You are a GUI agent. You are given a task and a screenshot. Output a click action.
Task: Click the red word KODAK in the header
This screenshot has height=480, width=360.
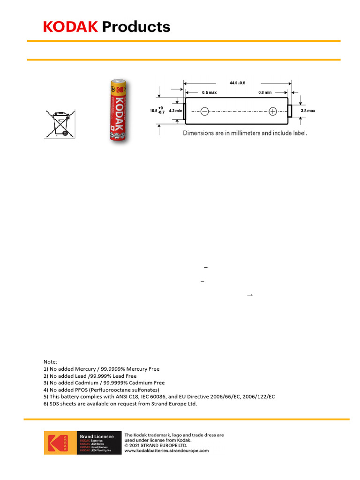click(x=70, y=27)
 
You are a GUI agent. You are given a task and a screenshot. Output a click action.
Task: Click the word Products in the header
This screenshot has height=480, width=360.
click(x=136, y=27)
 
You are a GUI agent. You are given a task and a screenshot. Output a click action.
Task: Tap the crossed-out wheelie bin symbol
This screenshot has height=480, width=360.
click(x=60, y=123)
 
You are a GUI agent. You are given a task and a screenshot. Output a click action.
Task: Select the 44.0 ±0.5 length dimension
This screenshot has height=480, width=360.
click(x=238, y=83)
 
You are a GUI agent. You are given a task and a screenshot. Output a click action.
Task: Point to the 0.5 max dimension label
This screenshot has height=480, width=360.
click(x=210, y=92)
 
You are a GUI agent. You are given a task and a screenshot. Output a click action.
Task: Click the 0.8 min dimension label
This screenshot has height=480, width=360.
click(x=265, y=92)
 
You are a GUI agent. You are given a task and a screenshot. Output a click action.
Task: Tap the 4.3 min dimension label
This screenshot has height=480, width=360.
click(x=174, y=111)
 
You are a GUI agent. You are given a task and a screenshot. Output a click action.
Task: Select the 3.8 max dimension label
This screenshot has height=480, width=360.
click(x=308, y=111)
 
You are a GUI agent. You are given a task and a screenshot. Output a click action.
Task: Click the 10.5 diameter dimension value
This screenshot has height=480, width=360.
click(x=153, y=111)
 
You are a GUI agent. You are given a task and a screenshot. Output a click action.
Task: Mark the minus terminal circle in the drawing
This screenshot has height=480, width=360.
click(x=204, y=111)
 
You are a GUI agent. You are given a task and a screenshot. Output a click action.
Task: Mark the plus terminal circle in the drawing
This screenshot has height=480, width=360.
click(x=273, y=111)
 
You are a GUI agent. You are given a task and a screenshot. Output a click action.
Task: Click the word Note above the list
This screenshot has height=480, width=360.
click(x=50, y=362)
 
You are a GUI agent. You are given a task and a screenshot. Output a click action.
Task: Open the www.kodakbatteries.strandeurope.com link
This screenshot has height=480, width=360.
click(x=166, y=450)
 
